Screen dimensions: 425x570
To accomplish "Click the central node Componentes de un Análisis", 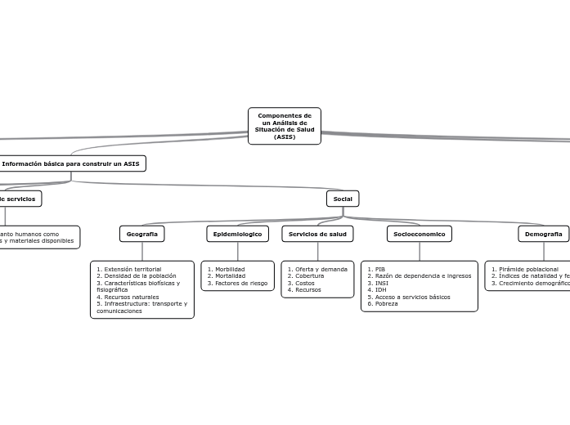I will tap(284, 126).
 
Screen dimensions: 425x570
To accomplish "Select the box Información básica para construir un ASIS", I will tap(70, 163).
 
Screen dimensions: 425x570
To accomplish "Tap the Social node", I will tap(343, 199).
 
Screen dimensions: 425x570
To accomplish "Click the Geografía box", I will tap(142, 234).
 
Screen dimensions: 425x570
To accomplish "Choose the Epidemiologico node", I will tap(237, 234).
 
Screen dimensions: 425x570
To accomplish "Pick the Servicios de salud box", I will tap(317, 234).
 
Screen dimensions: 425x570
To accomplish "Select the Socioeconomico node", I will tap(419, 234).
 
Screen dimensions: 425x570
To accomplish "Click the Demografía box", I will tap(543, 234).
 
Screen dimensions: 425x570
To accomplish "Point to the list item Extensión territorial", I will tap(132, 269).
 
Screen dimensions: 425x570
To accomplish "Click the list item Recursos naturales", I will tap(130, 297).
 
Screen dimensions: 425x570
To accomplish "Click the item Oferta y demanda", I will tap(321, 269).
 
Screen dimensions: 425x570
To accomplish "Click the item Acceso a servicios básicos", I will tap(411, 297).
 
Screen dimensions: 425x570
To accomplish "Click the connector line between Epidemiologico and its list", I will tap(238, 252).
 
